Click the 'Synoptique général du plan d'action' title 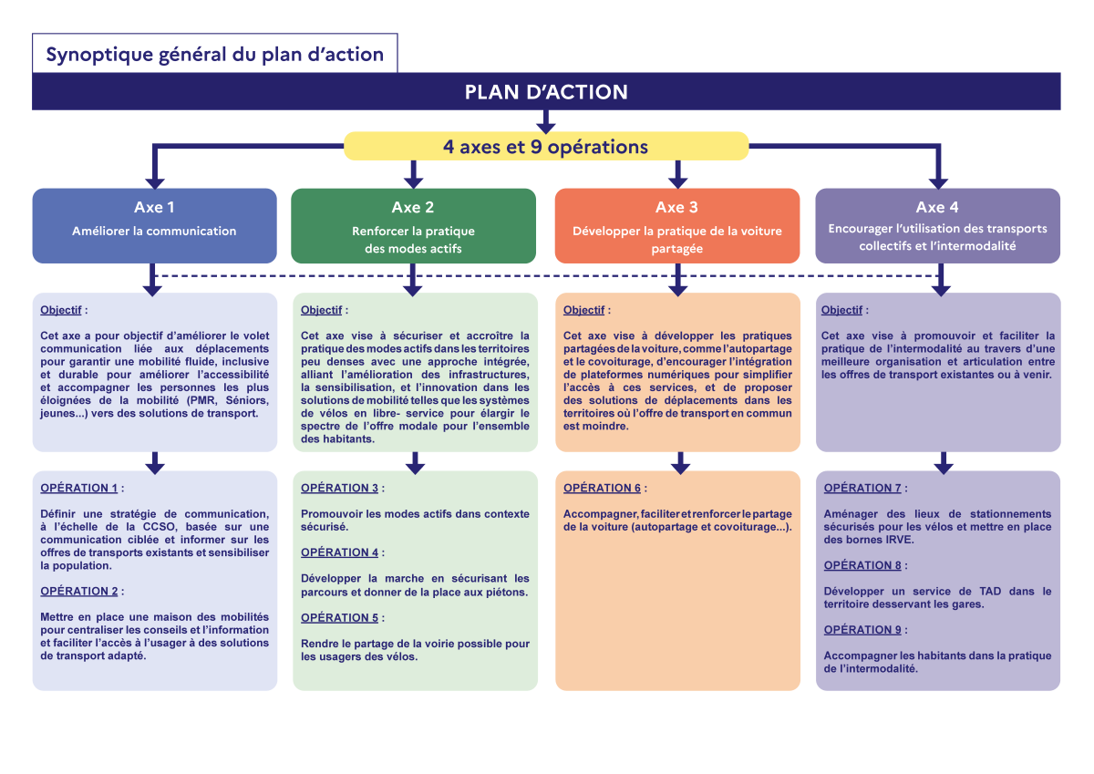[x=215, y=54]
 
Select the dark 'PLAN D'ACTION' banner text [x=546, y=92]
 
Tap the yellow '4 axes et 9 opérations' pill [x=546, y=147]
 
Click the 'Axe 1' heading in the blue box [x=154, y=207]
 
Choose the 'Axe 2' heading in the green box [x=413, y=207]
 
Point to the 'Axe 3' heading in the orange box [x=676, y=207]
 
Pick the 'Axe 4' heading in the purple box [x=937, y=207]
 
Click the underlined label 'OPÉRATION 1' [x=79, y=488]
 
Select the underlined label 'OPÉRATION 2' [x=79, y=591]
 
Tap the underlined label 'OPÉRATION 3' [x=339, y=488]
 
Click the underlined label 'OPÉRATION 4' [x=339, y=552]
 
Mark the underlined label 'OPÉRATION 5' [x=339, y=617]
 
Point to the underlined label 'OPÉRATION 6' [x=602, y=488]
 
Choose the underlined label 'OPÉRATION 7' [x=862, y=488]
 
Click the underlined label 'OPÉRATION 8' [x=862, y=565]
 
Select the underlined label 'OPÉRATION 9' [x=862, y=629]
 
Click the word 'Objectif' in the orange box [x=583, y=310]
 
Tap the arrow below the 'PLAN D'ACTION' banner [x=546, y=121]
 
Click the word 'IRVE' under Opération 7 [x=899, y=539]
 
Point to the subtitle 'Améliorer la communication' [x=154, y=231]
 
